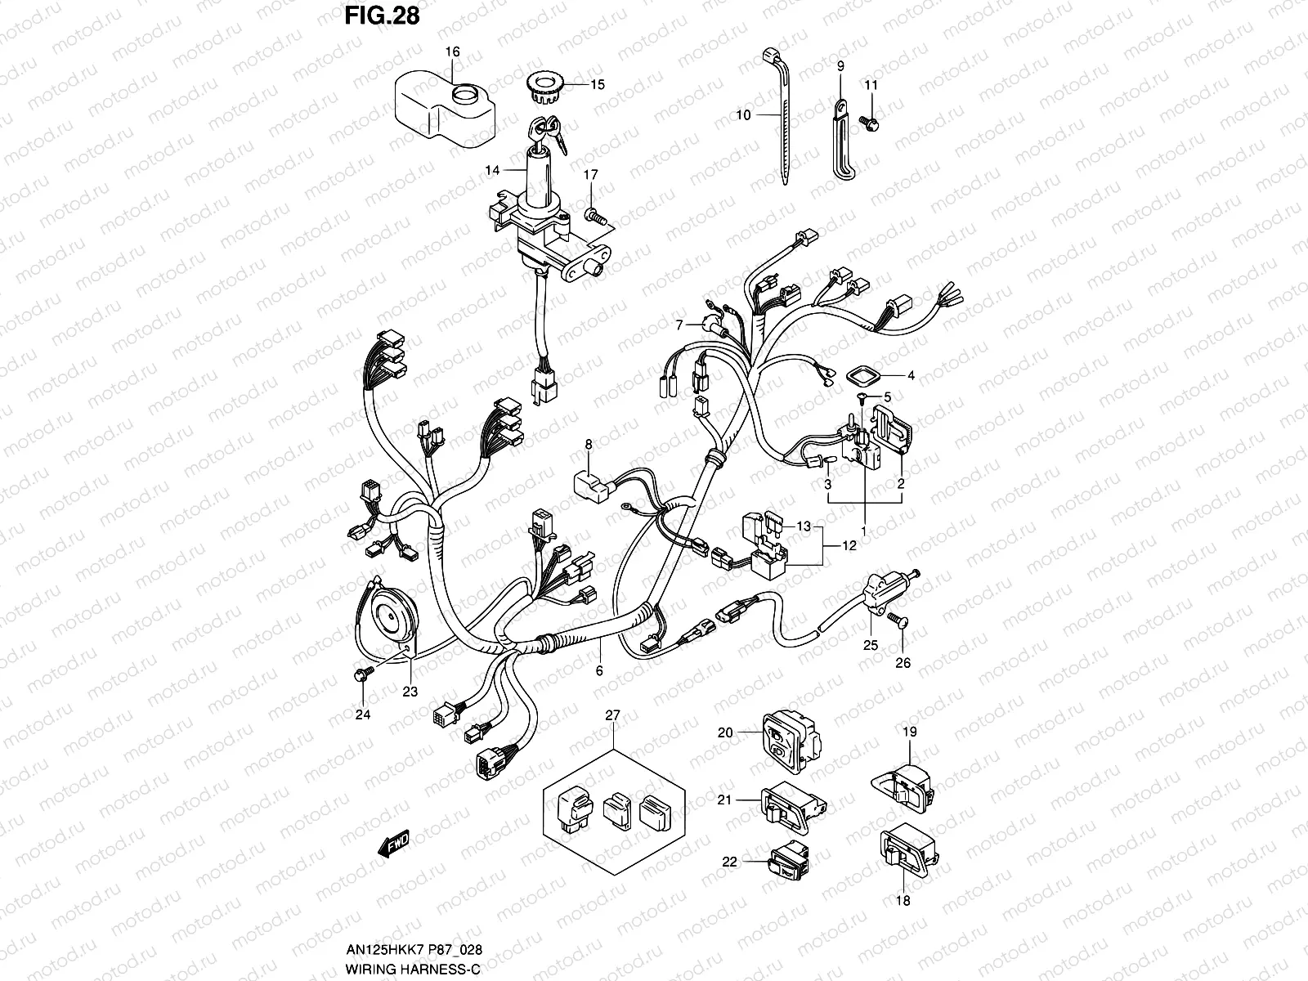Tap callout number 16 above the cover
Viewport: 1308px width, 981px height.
[452, 52]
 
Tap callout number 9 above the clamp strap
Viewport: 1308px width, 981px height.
[840, 65]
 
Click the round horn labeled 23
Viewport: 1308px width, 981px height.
[391, 613]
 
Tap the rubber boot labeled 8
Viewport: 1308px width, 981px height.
[591, 484]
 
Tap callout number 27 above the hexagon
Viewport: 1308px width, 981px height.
[612, 715]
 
